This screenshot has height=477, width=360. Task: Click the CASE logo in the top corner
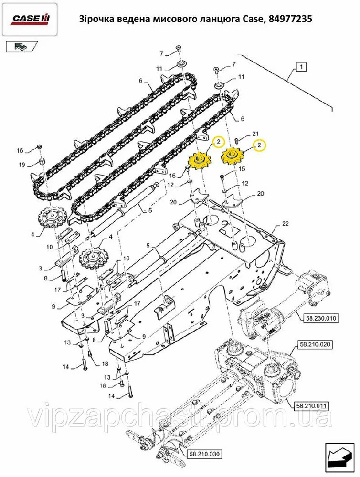pos(31,19)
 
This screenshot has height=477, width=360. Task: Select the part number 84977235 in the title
pos(291,19)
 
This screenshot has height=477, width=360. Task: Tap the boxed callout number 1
pos(301,67)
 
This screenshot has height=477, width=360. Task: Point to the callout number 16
pos(20,150)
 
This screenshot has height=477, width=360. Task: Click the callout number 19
pos(21,165)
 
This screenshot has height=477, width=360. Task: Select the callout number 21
pos(255,134)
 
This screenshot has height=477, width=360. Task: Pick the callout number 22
pos(285,224)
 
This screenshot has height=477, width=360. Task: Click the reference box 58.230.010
pos(317,318)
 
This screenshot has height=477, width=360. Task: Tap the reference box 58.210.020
pos(315,345)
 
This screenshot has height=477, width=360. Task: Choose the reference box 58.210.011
pos(312,405)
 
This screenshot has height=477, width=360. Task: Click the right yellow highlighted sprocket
pos(232,156)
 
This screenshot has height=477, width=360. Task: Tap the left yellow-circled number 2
pos(218,142)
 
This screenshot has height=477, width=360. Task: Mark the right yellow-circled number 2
pos(260,145)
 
